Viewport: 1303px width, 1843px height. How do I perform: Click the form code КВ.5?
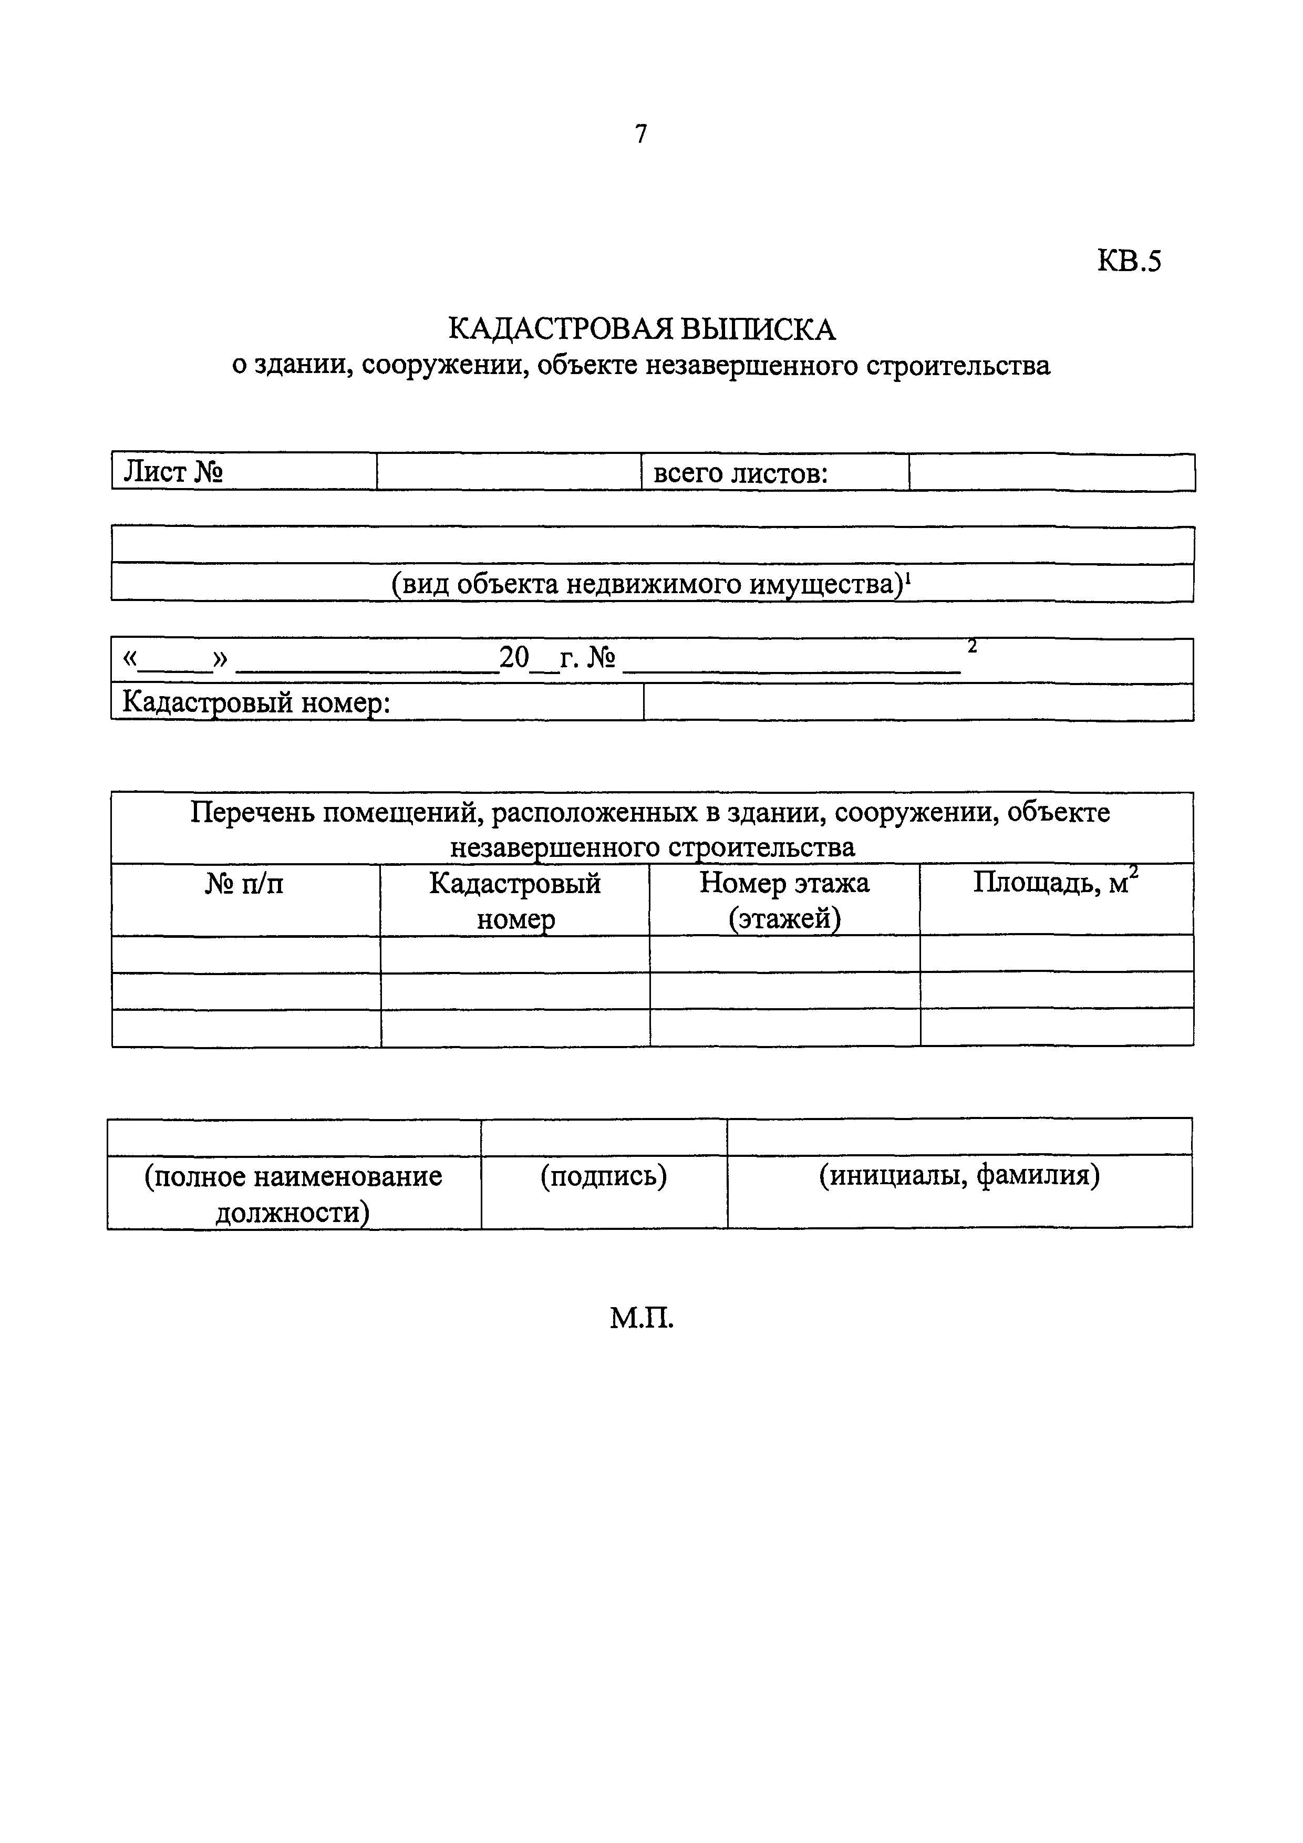coord(1129,262)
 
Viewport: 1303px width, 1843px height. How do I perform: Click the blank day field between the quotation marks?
coord(174,660)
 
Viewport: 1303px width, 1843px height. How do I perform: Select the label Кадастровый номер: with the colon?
coord(256,703)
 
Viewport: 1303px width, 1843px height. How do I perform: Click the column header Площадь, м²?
coord(1056,883)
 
